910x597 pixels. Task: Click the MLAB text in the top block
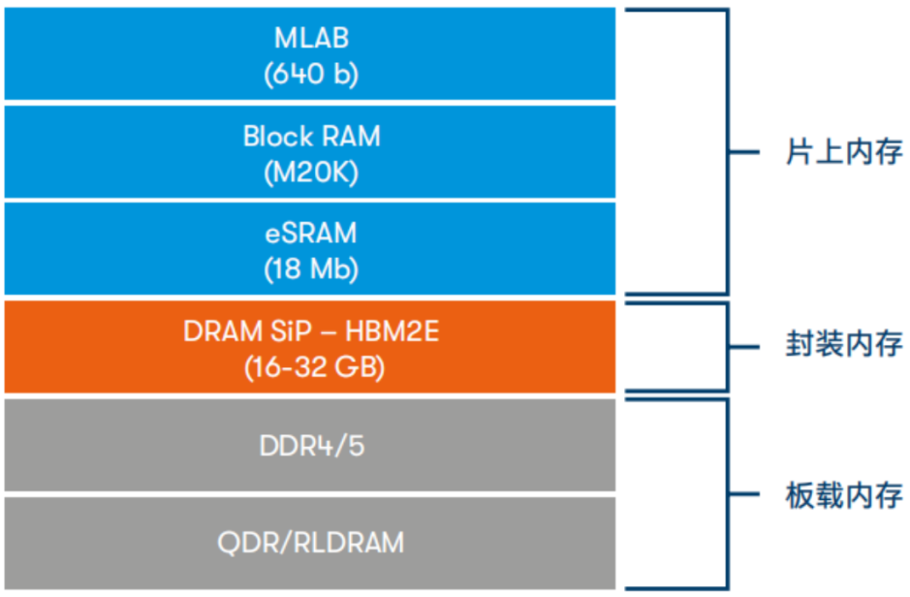(311, 39)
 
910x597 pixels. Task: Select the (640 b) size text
(311, 74)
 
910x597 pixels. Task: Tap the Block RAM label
(311, 137)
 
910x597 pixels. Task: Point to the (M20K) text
(311, 173)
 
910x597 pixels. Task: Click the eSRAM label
(311, 234)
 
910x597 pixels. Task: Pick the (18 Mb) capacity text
(311, 269)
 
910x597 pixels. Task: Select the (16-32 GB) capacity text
(311, 367)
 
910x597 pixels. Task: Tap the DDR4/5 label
(311, 447)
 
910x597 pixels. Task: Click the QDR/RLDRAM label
(311, 543)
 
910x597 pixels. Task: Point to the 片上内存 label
(842, 152)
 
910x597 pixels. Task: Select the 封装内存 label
(842, 345)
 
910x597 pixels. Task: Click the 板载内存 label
(842, 495)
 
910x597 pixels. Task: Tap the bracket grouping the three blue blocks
(726, 152)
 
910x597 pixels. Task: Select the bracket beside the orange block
(726, 345)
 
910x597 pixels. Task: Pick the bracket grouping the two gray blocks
(726, 494)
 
